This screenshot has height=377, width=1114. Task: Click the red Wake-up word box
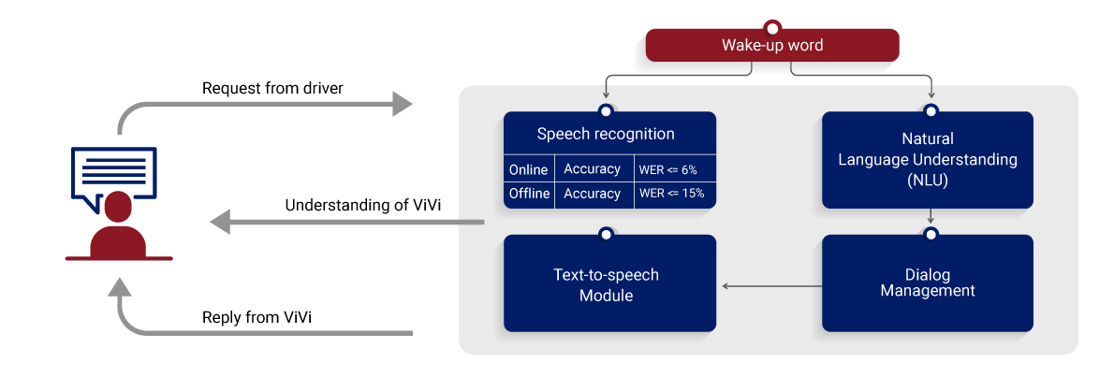(x=772, y=46)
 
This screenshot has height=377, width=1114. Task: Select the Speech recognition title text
(x=606, y=134)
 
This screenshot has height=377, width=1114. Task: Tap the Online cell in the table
(x=529, y=169)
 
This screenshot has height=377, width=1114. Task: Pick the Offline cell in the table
(x=529, y=194)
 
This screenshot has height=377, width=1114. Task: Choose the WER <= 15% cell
(x=672, y=194)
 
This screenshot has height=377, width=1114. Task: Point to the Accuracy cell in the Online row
(x=593, y=169)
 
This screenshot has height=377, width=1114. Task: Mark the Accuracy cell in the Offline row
(x=593, y=194)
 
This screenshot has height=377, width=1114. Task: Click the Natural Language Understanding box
(x=927, y=160)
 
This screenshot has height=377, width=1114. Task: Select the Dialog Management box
(x=927, y=283)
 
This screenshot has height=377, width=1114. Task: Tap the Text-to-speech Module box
(x=609, y=283)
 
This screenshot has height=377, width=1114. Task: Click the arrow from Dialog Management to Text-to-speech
(x=772, y=287)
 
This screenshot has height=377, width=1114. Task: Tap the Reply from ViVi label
(x=257, y=317)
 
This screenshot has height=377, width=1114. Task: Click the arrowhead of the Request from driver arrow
(x=403, y=105)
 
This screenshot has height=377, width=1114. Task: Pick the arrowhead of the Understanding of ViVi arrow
(x=220, y=223)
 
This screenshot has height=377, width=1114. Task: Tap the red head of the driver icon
(x=118, y=209)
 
